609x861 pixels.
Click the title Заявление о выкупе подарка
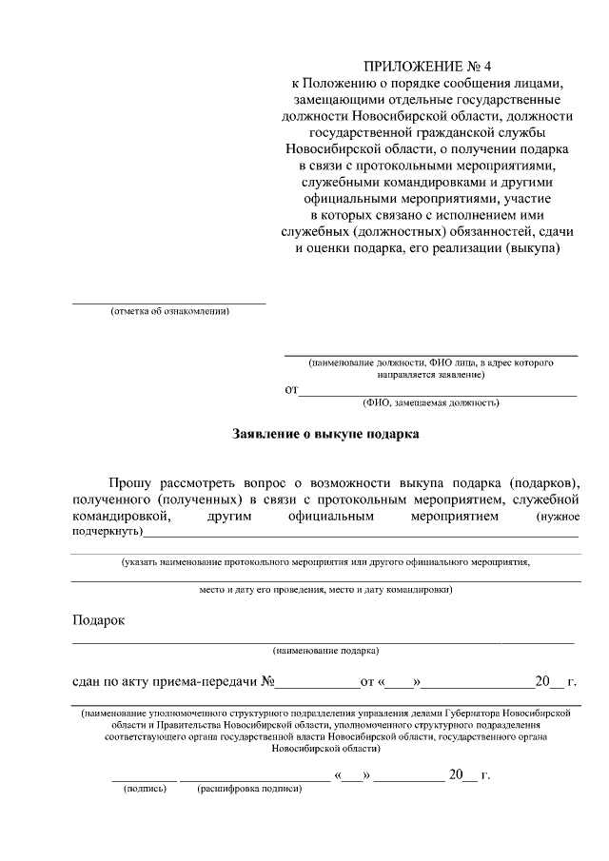(325, 434)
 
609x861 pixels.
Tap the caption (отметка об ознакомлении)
(169, 312)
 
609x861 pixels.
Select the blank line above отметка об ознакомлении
(169, 303)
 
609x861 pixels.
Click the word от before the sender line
(291, 390)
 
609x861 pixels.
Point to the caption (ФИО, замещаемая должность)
(431, 402)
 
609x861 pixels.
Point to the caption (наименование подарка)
(325, 652)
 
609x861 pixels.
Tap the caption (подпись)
(144, 790)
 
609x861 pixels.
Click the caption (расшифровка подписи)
(249, 790)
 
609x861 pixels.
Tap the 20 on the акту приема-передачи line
(542, 681)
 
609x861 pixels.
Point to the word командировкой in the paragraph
(121, 517)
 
